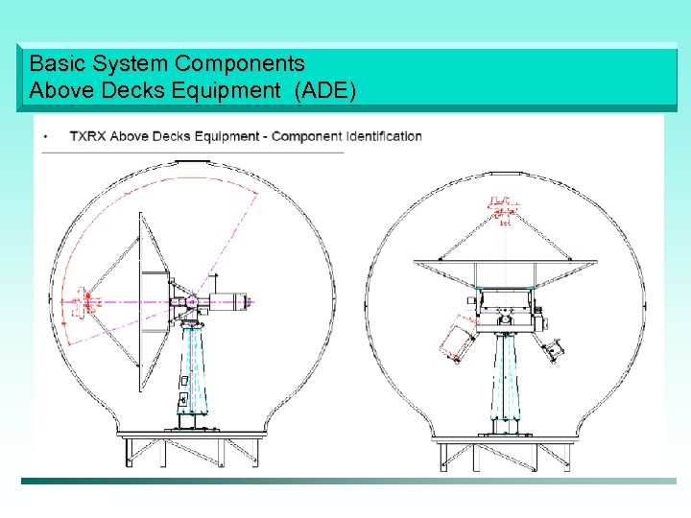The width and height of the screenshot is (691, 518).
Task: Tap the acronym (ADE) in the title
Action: [325, 91]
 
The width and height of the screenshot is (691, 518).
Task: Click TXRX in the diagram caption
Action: [87, 136]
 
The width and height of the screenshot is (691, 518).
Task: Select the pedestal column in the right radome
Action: [505, 379]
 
